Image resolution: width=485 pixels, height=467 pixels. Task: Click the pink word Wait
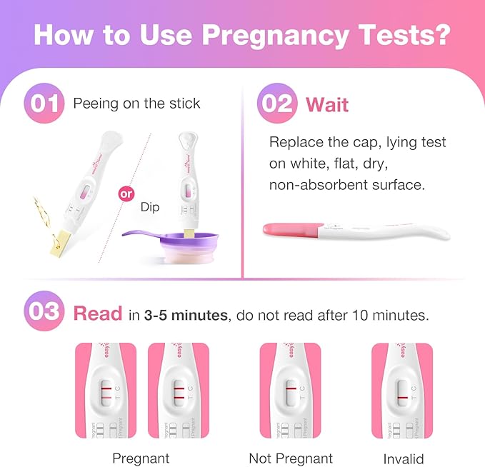pyautogui.click(x=327, y=104)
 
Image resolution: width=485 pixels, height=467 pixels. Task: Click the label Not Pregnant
pyautogui.click(x=291, y=458)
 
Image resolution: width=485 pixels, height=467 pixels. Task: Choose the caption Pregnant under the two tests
pyautogui.click(x=141, y=458)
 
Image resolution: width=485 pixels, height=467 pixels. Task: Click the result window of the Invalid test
pyautogui.click(x=402, y=396)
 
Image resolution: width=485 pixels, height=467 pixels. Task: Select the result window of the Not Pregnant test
pyautogui.click(x=290, y=394)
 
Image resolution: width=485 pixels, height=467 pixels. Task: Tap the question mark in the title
pyautogui.click(x=441, y=35)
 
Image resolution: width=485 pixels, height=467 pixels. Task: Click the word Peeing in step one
pyautogui.click(x=96, y=104)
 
